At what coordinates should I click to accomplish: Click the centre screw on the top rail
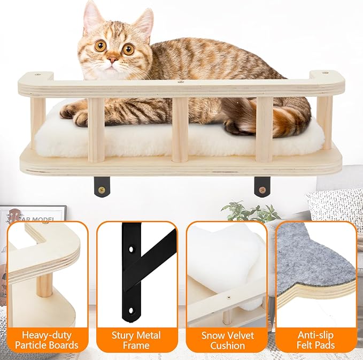(181, 82)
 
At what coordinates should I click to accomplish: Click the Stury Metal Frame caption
(136, 340)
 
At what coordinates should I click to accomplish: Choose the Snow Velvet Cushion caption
(227, 340)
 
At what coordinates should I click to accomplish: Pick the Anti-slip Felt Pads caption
(317, 340)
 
